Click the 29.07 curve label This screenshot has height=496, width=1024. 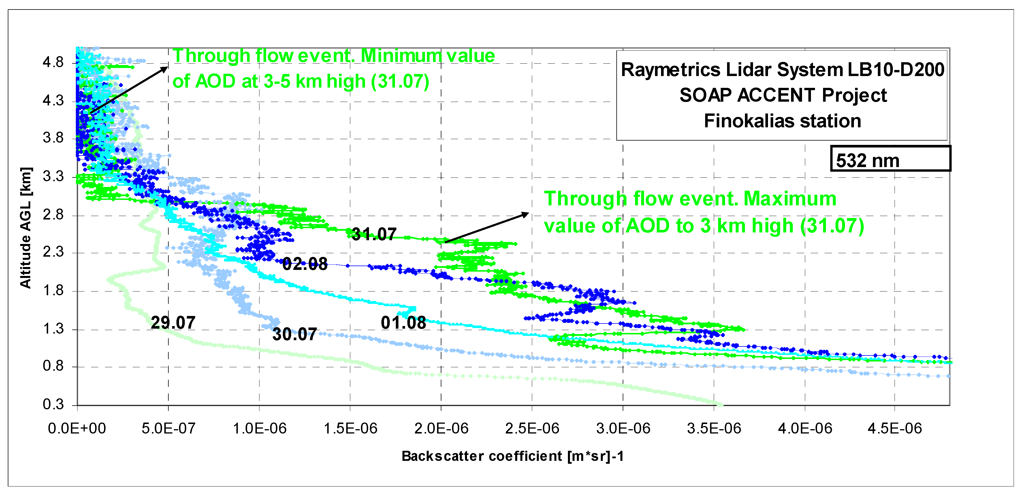(x=173, y=323)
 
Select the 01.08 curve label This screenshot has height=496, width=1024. (x=403, y=323)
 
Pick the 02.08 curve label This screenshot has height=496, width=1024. (x=305, y=264)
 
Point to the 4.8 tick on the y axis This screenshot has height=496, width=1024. (x=53, y=62)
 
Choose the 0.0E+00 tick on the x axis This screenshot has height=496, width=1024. (x=77, y=429)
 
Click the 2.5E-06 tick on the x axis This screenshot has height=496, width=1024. (x=532, y=429)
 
